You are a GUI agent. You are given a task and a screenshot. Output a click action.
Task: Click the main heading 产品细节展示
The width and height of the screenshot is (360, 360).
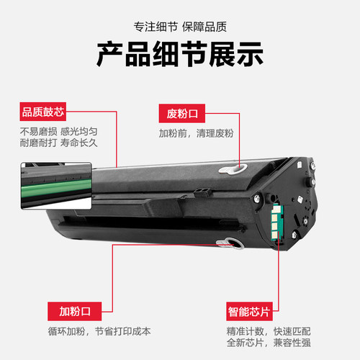(x=180, y=55)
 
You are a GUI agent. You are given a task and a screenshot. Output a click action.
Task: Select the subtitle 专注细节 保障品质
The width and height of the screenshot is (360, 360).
(x=180, y=27)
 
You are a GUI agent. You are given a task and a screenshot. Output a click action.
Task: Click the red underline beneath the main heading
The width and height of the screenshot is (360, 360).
(x=180, y=76)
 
